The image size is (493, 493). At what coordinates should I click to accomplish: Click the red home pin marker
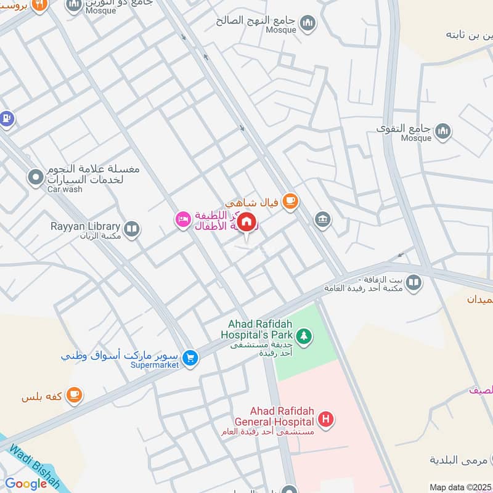(x=246, y=222)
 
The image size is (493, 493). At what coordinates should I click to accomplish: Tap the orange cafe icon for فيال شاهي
(x=290, y=200)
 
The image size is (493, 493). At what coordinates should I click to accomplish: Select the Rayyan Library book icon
(x=131, y=230)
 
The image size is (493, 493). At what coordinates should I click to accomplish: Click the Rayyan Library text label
(x=86, y=226)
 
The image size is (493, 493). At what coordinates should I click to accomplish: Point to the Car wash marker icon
(x=36, y=178)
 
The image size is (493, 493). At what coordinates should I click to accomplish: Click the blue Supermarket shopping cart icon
(x=190, y=357)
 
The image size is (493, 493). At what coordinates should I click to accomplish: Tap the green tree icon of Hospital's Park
(x=303, y=336)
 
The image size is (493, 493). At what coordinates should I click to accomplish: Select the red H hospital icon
(x=326, y=421)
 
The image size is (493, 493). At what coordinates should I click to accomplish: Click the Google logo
(x=26, y=484)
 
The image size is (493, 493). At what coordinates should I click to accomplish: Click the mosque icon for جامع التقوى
(x=443, y=131)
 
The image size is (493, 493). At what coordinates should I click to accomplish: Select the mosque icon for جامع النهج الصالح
(x=308, y=24)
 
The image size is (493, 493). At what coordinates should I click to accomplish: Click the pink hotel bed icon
(x=183, y=220)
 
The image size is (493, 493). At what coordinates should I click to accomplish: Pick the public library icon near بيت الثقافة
(x=414, y=283)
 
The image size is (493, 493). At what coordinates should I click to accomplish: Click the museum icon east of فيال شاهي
(x=322, y=219)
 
